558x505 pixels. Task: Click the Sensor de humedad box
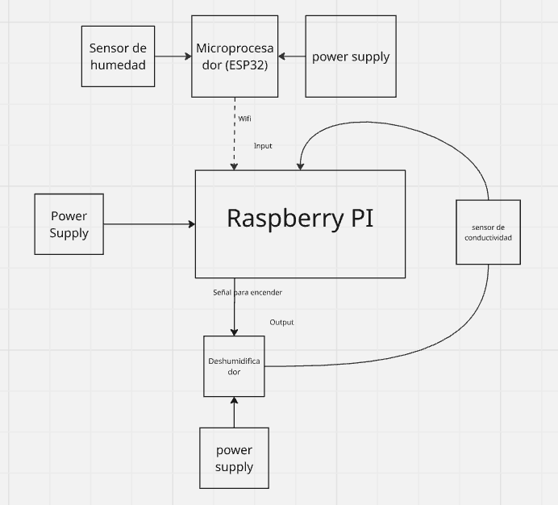(118, 56)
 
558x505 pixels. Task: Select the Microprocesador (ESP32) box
(235, 56)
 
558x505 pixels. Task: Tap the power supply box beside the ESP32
(351, 56)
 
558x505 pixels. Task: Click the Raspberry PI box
(300, 223)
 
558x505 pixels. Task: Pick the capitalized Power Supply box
(69, 224)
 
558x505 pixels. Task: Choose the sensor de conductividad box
(488, 232)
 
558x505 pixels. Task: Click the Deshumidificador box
(234, 366)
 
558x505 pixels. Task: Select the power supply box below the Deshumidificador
(234, 458)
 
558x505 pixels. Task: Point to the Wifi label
(245, 119)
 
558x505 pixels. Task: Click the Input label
(263, 146)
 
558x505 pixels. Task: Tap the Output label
(281, 323)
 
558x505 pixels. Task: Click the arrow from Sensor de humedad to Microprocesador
(172, 56)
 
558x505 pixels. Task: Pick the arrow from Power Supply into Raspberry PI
(150, 224)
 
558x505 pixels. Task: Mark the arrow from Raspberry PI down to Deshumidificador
(235, 311)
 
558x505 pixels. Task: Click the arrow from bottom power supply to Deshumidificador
(234, 412)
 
